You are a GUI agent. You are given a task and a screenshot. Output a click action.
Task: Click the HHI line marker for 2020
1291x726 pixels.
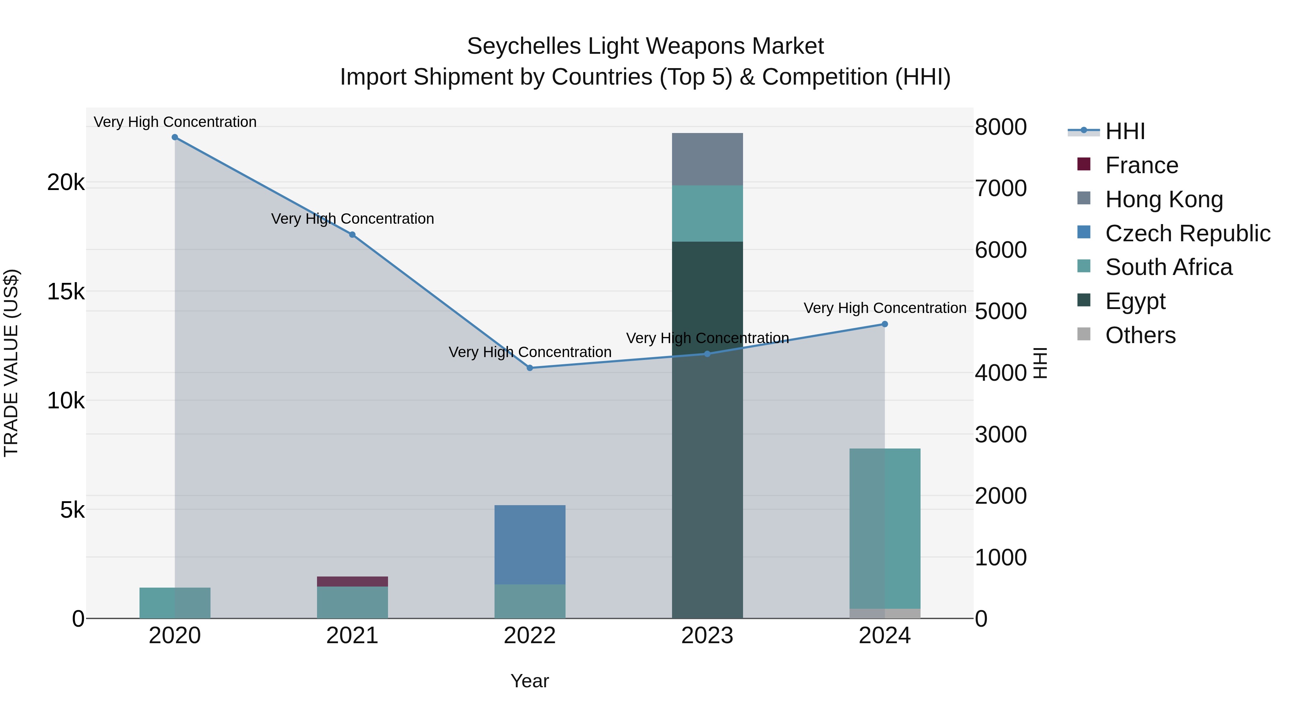(x=175, y=137)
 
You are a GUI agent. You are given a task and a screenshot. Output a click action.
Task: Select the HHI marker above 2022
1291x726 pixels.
(x=530, y=368)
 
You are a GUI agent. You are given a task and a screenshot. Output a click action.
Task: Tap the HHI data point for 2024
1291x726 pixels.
(x=885, y=324)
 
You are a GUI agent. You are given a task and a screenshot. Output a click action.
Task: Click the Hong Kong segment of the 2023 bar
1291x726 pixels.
(x=707, y=159)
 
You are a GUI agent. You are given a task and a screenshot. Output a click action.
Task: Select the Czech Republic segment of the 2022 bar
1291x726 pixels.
(x=530, y=545)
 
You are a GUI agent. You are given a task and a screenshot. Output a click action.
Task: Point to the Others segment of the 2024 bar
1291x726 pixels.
(x=885, y=613)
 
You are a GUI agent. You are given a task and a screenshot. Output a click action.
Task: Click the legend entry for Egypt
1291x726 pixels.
(x=1135, y=301)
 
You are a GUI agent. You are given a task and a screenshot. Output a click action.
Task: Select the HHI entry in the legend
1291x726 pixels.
(x=1125, y=131)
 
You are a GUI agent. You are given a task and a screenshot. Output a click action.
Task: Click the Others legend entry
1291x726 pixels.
(x=1140, y=335)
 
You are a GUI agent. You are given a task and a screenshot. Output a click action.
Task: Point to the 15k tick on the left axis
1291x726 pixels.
(x=66, y=291)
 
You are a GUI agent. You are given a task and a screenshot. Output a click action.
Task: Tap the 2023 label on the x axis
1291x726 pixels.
(x=707, y=636)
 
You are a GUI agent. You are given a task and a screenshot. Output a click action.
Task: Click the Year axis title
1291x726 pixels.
(x=530, y=681)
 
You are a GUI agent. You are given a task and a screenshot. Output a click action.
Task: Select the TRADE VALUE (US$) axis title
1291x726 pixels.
(x=11, y=363)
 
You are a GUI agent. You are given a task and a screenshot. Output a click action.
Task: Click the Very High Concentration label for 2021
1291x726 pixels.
(x=352, y=219)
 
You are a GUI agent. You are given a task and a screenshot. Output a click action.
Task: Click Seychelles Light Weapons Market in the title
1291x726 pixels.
(x=645, y=46)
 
